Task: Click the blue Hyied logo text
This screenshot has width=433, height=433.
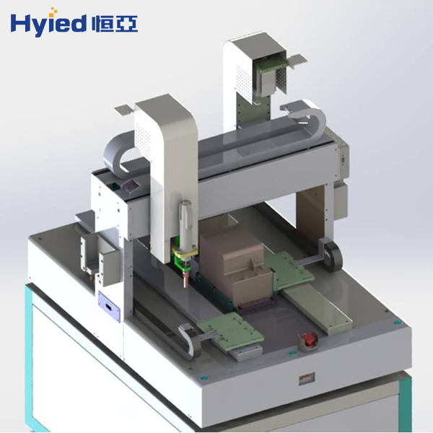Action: click(48, 25)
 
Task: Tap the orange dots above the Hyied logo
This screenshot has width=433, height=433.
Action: click(53, 11)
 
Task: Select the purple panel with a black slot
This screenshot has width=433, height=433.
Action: click(109, 307)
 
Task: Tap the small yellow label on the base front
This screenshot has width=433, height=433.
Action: click(307, 378)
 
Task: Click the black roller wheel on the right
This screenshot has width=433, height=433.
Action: click(333, 257)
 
